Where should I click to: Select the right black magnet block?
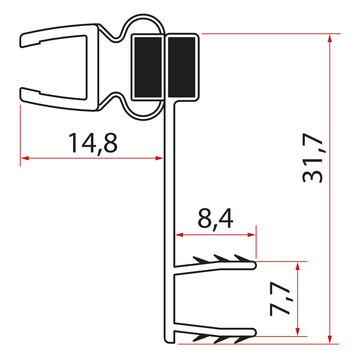click(x=181, y=67)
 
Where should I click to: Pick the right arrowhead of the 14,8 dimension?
click(x=161, y=158)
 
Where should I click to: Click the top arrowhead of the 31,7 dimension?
click(x=329, y=38)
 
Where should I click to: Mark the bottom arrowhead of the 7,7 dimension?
click(x=298, y=333)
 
